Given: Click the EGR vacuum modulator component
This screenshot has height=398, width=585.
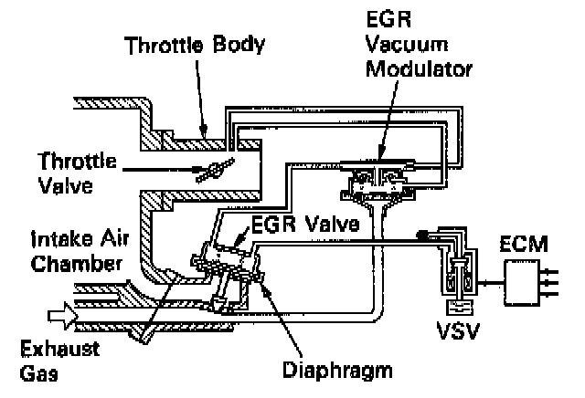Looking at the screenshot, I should click(378, 178).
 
